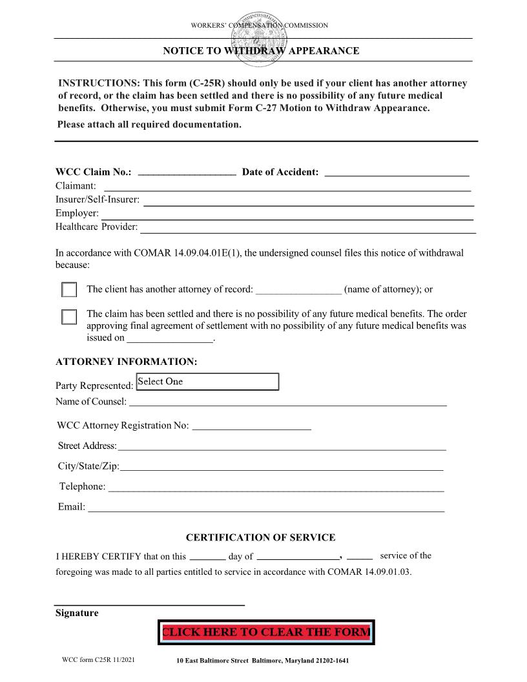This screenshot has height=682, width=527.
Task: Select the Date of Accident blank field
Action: click(x=396, y=171)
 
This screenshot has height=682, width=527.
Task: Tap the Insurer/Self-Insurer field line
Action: click(x=308, y=200)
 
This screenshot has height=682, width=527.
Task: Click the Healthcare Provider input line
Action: click(x=308, y=227)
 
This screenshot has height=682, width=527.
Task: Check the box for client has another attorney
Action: click(x=69, y=290)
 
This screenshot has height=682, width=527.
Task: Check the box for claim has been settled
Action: click(x=69, y=317)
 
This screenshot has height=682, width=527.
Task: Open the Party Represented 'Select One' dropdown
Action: click(x=207, y=382)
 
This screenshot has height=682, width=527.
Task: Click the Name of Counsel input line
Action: click(x=287, y=402)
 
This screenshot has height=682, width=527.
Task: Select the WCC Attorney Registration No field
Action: click(x=252, y=425)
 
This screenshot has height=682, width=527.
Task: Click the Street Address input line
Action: click(x=282, y=446)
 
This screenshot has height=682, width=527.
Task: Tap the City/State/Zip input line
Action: click(x=282, y=466)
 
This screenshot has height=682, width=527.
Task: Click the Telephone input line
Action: click(x=276, y=487)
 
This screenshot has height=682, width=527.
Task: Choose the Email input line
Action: click(x=265, y=507)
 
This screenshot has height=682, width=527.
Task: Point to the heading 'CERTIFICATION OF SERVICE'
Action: click(x=260, y=537)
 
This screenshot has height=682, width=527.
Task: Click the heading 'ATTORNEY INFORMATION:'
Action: click(x=126, y=362)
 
